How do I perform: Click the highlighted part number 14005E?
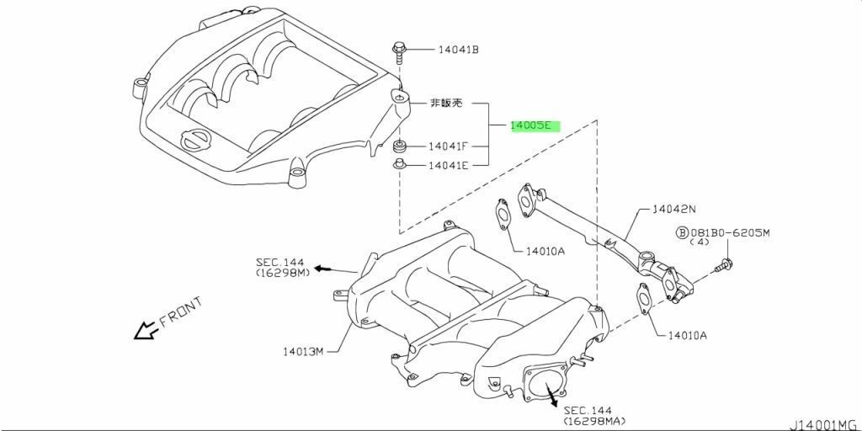[x=530, y=125]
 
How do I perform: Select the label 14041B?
[x=459, y=50]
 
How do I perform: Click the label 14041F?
[x=449, y=146]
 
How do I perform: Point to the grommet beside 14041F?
[x=400, y=146]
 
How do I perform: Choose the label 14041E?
[x=449, y=164]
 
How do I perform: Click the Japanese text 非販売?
[x=446, y=103]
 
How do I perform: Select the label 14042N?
[x=674, y=210]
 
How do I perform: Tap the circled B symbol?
[x=682, y=233]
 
